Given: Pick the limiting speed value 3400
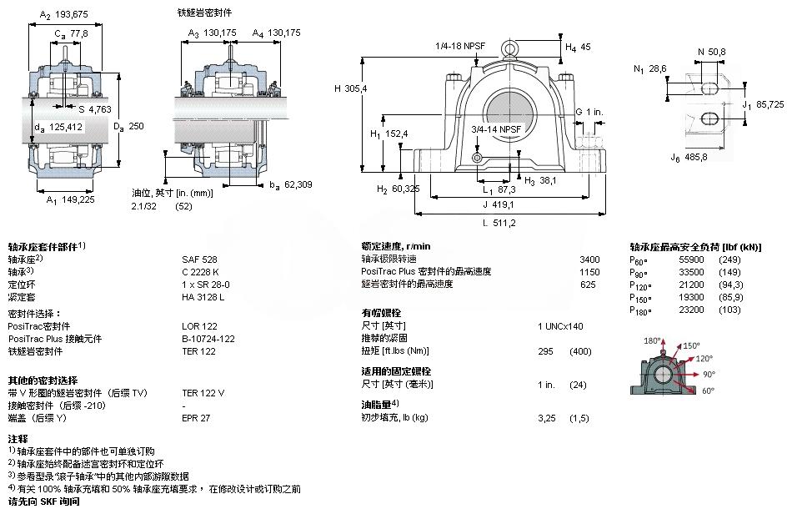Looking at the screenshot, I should (589, 260).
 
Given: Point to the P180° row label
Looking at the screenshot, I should (639, 310).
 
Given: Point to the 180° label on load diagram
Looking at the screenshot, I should (653, 340).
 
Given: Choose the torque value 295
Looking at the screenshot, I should (547, 350).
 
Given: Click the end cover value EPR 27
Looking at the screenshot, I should (196, 419).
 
